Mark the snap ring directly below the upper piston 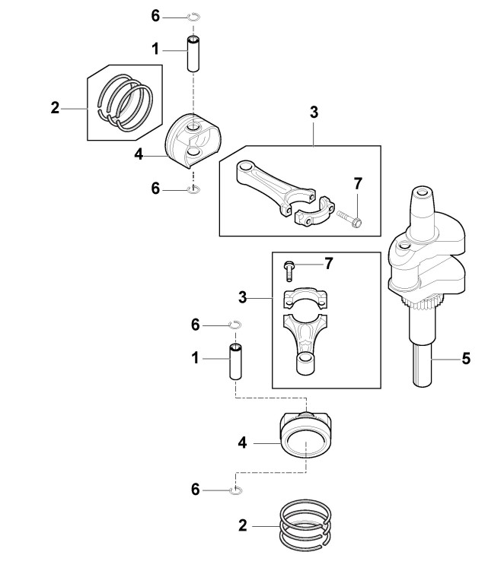[193, 189]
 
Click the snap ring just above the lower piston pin [236, 325]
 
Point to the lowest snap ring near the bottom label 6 [237, 490]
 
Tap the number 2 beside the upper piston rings [55, 108]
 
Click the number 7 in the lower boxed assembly [328, 263]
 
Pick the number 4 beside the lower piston [243, 440]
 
